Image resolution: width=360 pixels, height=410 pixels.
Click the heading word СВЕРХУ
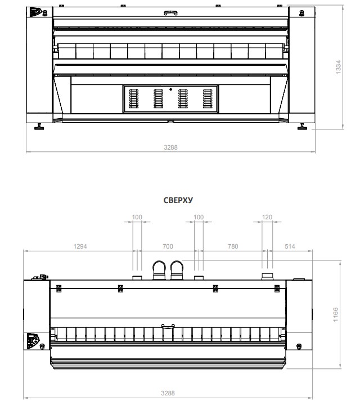tap(178, 200)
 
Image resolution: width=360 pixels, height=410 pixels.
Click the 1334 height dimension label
tap(338, 67)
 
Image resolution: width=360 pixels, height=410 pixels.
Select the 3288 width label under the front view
tap(171, 147)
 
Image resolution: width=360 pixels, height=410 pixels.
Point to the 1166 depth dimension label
tap(335, 314)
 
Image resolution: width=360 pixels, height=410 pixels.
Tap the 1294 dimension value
tap(80, 246)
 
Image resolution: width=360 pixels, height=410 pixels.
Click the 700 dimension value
tap(168, 246)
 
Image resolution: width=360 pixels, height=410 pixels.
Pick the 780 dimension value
tap(233, 246)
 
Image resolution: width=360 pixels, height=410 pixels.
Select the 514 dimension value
tap(290, 246)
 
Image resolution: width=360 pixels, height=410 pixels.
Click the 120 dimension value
tap(267, 217)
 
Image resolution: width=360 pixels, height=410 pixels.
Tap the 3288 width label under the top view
tap(168, 393)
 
